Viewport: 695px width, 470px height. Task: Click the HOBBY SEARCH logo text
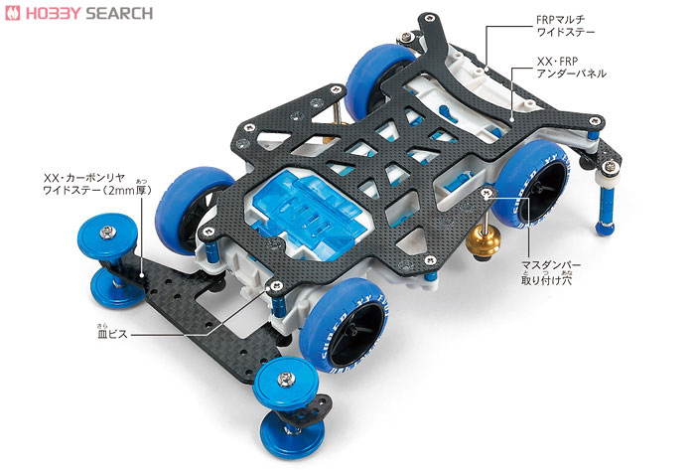[94, 13]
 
